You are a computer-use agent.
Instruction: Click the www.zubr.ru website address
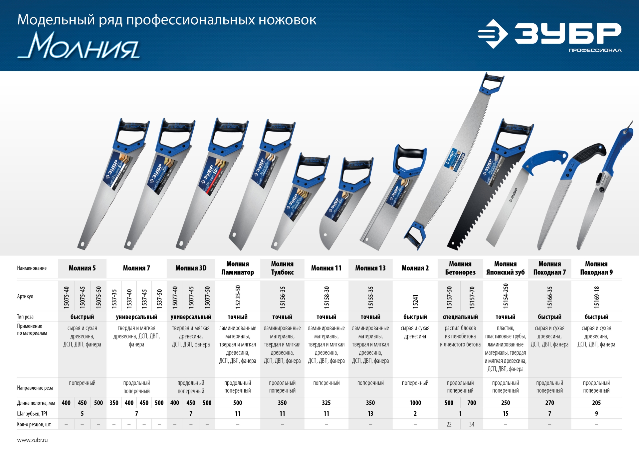(x=32, y=440)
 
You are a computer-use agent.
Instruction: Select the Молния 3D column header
(x=191, y=268)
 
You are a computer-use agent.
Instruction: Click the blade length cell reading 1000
(x=415, y=403)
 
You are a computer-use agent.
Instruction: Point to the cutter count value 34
(x=472, y=424)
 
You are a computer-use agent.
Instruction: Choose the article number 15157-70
(x=472, y=297)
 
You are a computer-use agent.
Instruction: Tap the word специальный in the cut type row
(x=460, y=317)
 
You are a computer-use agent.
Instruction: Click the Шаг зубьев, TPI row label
(x=32, y=414)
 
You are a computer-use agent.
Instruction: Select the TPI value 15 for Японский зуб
(x=505, y=414)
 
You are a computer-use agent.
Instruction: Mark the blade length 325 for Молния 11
(x=326, y=403)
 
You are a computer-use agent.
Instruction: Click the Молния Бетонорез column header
(x=460, y=268)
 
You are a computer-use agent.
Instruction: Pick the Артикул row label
(x=25, y=296)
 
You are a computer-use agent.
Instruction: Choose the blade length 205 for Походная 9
(x=596, y=403)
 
